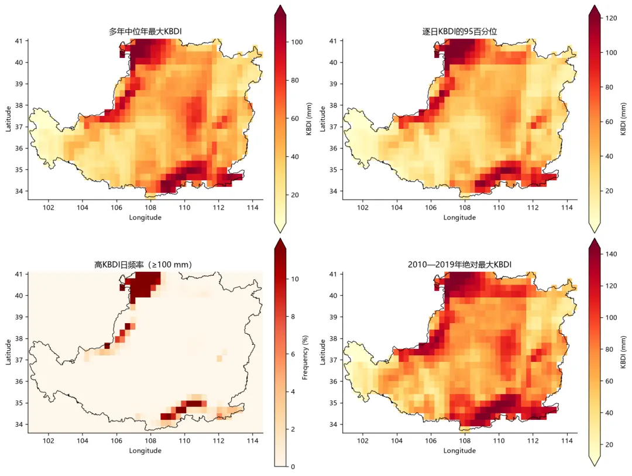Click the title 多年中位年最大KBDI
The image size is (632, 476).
tap(145, 32)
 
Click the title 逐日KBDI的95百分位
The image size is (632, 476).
tap(459, 32)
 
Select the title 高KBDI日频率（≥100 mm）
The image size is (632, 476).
tap(143, 265)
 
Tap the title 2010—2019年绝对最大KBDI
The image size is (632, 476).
tap(459, 265)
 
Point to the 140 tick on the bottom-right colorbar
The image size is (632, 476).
tap(611, 254)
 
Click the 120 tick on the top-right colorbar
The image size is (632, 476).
tap(611, 18)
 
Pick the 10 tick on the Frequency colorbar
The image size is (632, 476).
tap(295, 279)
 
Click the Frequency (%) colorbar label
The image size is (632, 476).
tap(305, 357)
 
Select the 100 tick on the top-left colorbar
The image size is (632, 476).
tap(297, 42)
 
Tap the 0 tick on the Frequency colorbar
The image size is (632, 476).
tap(293, 467)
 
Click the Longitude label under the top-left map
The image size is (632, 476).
tap(145, 217)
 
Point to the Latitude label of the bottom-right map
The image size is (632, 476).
tap(322, 352)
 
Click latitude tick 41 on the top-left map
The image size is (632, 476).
tap(19, 41)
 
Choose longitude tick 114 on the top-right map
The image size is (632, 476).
tap(566, 207)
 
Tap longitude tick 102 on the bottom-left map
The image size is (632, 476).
tap(49, 440)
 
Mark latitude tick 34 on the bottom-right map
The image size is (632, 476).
tap(334, 424)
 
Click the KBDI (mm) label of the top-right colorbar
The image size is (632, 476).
tap(623, 119)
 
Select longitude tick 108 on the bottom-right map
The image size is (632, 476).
tap(465, 440)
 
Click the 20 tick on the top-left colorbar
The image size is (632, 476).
tap(295, 195)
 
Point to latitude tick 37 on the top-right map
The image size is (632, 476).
tap(334, 126)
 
